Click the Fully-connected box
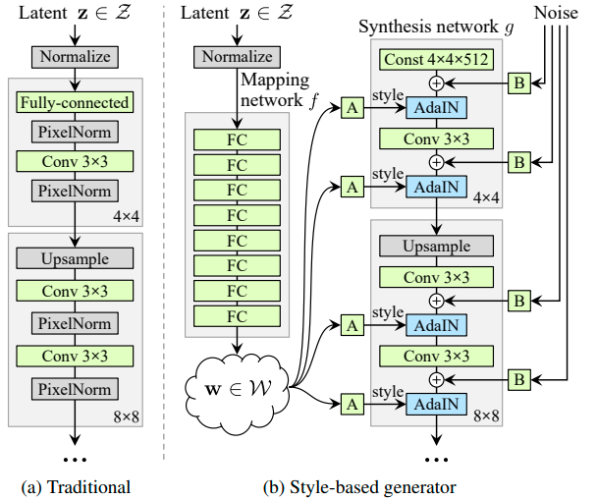pos(75,102)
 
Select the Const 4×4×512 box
pos(436,59)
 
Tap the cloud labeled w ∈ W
pos(237,390)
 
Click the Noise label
pos(556,13)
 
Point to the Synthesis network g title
pos(436,28)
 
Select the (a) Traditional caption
pos(76,487)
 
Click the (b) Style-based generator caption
pos(359,487)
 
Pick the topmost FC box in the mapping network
pos(237,139)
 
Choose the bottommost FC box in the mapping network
pos(237,316)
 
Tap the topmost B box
pos(519,83)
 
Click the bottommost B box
pos(519,379)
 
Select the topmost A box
pos(353,108)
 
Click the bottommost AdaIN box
pos(436,404)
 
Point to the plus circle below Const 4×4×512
pos(436,83)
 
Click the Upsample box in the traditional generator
pos(75,258)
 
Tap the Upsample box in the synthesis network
pos(436,246)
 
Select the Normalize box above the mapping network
pos(237,57)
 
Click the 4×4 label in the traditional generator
pos(126,217)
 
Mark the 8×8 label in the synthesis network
pos(486,416)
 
